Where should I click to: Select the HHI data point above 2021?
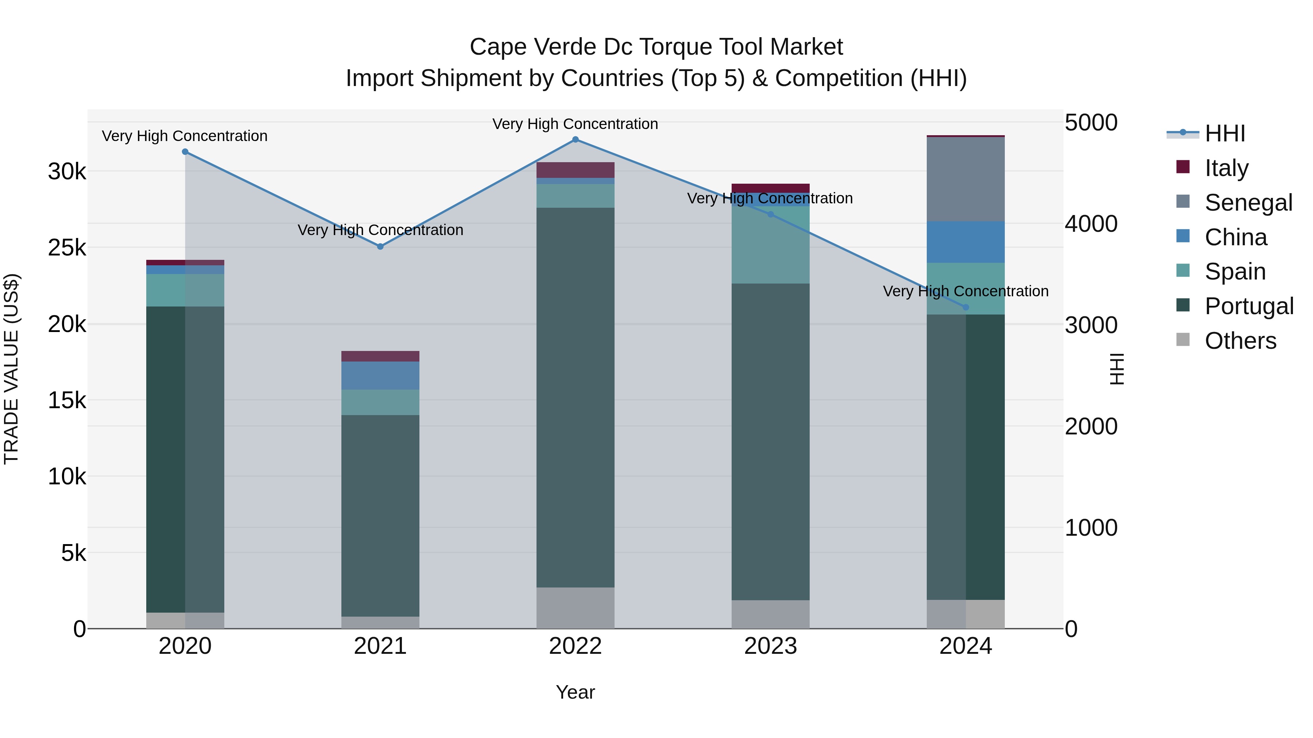coord(380,246)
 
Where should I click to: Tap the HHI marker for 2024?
coord(965,307)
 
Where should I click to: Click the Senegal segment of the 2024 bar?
coord(965,179)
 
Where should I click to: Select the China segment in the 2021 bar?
coord(380,375)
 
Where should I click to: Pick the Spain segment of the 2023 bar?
coord(770,245)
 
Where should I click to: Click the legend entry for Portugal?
coord(1248,306)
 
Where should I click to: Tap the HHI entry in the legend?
coord(1224,133)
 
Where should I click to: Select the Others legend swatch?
coord(1182,340)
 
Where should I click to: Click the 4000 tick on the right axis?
coord(1091,224)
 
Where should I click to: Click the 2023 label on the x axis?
coord(770,646)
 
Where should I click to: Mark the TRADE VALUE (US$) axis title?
coord(11,369)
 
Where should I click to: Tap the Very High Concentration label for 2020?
coord(185,136)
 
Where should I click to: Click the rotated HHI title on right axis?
coord(1116,369)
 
